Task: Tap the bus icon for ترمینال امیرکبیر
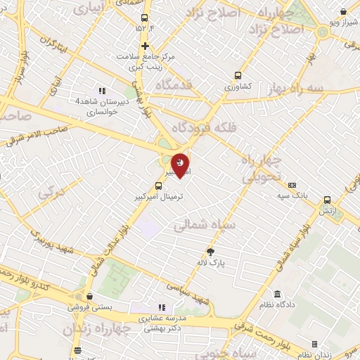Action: [157, 186]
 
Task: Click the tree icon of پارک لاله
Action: [210, 251]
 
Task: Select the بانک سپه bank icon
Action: [292, 184]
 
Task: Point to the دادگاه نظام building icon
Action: [278, 293]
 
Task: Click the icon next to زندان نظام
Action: [314, 344]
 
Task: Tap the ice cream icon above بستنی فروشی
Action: [89, 297]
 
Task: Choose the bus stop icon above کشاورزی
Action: [238, 75]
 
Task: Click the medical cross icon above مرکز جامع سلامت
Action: [145, 46]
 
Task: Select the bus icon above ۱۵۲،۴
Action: [145, 18]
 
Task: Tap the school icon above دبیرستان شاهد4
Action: [103, 90]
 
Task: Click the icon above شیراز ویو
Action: [342, 12]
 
